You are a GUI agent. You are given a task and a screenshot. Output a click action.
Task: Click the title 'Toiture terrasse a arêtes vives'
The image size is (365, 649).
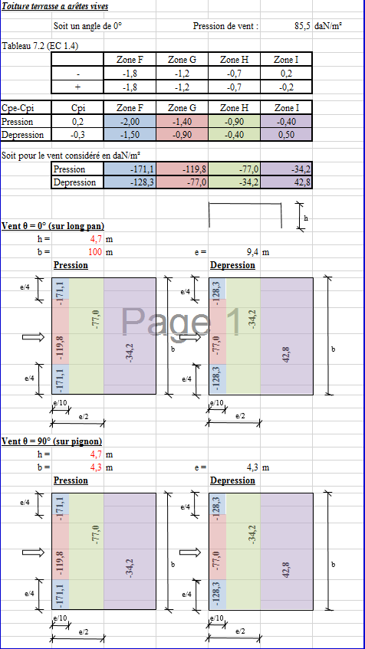tap(55, 7)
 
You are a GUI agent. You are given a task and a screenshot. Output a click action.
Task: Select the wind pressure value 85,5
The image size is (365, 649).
tap(302, 26)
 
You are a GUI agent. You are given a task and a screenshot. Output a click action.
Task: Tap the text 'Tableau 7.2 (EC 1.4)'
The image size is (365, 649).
tap(40, 46)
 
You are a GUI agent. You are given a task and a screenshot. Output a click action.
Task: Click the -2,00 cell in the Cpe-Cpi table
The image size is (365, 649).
tap(130, 122)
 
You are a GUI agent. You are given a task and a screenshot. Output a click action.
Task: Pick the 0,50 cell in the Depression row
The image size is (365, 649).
tap(286, 135)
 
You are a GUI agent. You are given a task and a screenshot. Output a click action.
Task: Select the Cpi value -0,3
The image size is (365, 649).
tap(77, 135)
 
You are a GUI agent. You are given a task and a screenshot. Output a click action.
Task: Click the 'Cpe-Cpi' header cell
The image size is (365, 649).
tap(18, 109)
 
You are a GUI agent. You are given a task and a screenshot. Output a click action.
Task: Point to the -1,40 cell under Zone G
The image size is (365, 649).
tap(182, 122)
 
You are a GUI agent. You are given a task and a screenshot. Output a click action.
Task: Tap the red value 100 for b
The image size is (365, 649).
tap(96, 251)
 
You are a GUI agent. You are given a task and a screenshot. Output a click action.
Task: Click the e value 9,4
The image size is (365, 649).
tap(252, 251)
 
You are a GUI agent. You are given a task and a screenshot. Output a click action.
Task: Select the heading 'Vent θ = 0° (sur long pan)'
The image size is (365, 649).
tap(53, 226)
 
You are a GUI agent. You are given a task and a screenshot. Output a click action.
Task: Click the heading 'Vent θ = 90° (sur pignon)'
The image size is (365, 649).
tap(52, 441)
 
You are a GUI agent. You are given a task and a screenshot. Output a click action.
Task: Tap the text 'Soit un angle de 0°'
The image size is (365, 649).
tap(88, 26)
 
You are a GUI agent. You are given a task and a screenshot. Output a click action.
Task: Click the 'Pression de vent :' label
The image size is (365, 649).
tap(225, 26)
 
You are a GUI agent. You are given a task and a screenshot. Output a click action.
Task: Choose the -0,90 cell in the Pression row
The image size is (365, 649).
tap(234, 122)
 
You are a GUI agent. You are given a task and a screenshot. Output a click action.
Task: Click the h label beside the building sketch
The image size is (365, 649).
tap(306, 218)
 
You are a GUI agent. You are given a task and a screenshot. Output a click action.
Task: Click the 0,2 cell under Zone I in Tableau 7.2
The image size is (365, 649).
tap(286, 74)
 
